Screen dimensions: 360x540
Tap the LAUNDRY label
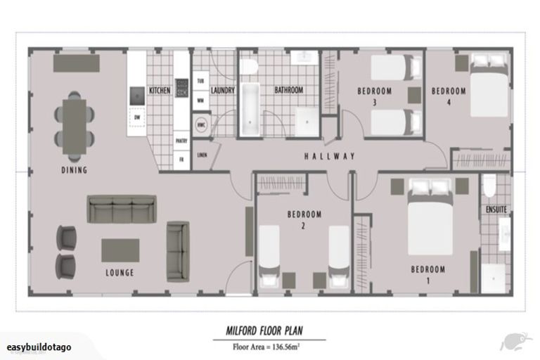(x=222, y=91)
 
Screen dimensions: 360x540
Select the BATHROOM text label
(x=288, y=91)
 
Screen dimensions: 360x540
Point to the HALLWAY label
(x=330, y=156)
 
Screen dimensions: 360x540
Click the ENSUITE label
(x=497, y=210)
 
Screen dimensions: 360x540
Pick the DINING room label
(x=74, y=170)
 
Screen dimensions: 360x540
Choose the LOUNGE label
(x=119, y=273)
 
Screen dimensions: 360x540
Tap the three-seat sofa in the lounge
(x=122, y=209)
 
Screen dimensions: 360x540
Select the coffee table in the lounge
(x=120, y=250)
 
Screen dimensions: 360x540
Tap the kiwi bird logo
(x=515, y=342)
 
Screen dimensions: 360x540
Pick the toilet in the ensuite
(x=490, y=186)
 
